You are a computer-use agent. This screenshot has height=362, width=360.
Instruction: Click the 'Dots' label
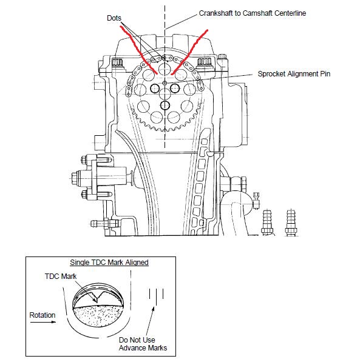coord(114,18)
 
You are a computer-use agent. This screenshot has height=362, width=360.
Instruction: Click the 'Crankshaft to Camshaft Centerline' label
coord(253,13)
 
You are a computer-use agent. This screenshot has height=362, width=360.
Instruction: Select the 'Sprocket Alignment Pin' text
coord(294,74)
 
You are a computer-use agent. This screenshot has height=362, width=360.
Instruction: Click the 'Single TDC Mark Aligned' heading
coord(109,263)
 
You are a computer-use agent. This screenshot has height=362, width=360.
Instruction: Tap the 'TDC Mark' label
coord(61,277)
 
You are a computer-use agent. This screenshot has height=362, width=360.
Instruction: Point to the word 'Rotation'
coord(42,315)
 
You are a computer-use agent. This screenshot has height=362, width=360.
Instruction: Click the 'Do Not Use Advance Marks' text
coord(143,344)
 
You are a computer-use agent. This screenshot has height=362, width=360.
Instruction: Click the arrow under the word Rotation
coord(43,322)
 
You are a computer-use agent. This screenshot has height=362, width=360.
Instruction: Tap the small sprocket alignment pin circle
coord(165,83)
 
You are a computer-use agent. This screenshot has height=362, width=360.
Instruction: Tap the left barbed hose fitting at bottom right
coord(267,223)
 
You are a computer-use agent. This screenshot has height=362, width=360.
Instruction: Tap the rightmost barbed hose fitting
coord(291,223)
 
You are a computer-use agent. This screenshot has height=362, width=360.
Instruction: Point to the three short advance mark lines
coord(156,295)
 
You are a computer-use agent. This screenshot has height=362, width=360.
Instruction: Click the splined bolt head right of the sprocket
coord(204,62)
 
